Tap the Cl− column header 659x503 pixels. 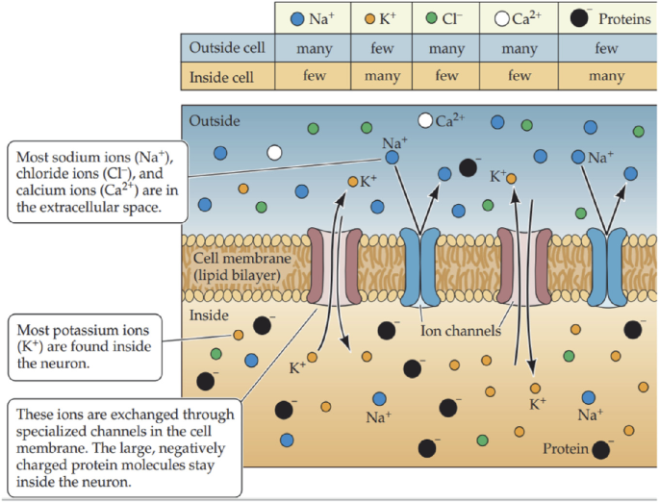[x=446, y=18]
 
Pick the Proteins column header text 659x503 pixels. [x=624, y=18]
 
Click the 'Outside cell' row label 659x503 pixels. [x=228, y=47]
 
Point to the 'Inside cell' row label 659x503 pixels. [x=228, y=76]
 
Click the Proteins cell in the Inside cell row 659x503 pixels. [x=606, y=76]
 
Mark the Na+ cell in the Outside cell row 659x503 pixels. [x=310, y=47]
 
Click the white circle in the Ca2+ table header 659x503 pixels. [x=502, y=18]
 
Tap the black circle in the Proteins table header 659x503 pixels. [x=580, y=18]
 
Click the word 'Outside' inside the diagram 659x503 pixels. [x=215, y=121]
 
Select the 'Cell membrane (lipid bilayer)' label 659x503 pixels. [x=236, y=266]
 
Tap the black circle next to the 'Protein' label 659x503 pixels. [x=602, y=449]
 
